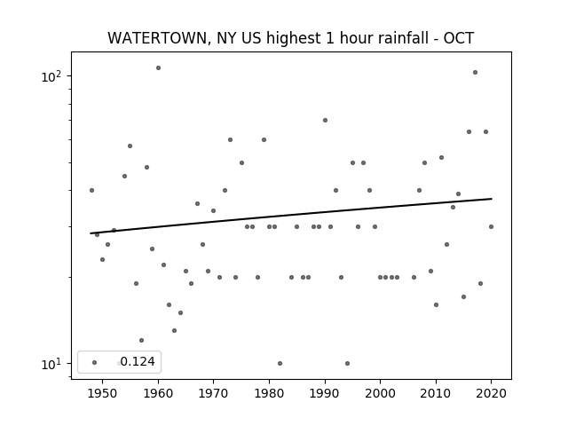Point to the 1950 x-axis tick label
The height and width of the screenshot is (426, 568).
[x=103, y=393]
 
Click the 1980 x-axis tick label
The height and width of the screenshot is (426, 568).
[x=269, y=393]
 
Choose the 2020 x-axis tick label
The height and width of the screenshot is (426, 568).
[x=491, y=393]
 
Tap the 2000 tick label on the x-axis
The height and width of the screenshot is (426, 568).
[x=380, y=393]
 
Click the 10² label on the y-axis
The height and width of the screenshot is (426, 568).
[x=53, y=76]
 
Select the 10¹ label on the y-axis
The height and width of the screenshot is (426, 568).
[x=53, y=364]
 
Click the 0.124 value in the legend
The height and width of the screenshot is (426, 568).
[x=138, y=361]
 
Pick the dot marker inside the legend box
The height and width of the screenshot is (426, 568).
[x=95, y=362]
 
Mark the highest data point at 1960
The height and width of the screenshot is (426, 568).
[x=158, y=67]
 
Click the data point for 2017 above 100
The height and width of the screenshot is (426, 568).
[x=476, y=73]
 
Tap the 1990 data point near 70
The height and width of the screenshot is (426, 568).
[x=326, y=121]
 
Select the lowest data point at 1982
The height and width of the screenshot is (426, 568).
[x=280, y=363]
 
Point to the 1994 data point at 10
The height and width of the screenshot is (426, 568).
[x=347, y=363]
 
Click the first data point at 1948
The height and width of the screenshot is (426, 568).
[x=91, y=190]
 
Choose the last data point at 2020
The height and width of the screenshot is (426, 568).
[x=491, y=227]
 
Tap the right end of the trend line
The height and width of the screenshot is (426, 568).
[x=492, y=199]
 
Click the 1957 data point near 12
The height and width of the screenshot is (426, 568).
[x=142, y=340]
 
